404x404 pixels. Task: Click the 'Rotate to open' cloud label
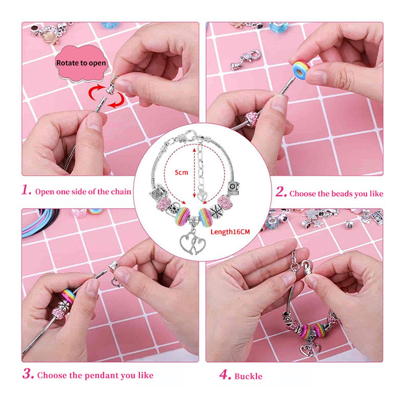point(81,63)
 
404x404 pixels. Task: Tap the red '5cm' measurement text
point(182,172)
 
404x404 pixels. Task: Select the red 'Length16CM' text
point(230,232)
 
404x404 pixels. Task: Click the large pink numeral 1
point(26,190)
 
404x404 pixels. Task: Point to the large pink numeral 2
point(281,192)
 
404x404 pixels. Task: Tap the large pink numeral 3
point(28,374)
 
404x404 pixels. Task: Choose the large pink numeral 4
point(225,375)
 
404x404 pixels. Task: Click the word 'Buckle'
point(249,376)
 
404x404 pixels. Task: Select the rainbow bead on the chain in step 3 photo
point(69,296)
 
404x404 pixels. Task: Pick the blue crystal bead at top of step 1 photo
point(110,25)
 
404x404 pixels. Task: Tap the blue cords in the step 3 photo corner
point(39,222)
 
